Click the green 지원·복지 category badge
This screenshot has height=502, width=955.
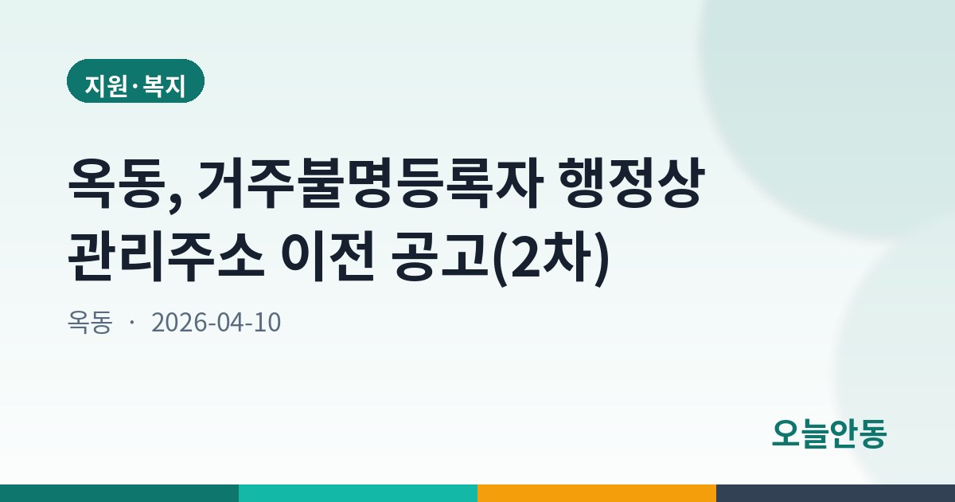135,81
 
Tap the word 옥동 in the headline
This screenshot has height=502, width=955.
117,183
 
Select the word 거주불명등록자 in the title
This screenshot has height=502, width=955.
371,183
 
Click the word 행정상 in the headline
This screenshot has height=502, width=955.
630,183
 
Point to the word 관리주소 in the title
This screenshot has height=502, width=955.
166,256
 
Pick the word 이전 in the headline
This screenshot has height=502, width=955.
327,256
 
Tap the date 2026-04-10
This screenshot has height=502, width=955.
216,322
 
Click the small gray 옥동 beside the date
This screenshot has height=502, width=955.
90,322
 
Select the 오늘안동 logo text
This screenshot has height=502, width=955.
829,433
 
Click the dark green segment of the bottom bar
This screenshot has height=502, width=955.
119,493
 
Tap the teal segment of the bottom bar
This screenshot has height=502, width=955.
358,493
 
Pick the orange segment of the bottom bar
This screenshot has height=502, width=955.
597,493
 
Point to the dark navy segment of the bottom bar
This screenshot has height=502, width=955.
836,493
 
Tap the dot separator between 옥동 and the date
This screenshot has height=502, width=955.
132,322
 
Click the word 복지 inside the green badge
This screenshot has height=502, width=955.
164,86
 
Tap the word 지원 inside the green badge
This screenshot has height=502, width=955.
107,86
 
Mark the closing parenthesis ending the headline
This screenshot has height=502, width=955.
602,258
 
